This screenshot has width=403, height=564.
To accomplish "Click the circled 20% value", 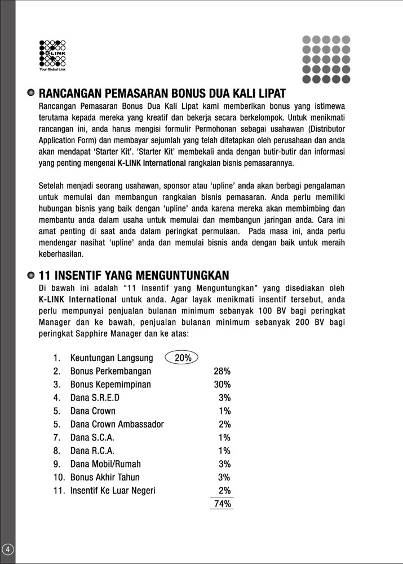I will [x=183, y=358].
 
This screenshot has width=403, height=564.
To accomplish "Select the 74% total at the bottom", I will [x=223, y=504].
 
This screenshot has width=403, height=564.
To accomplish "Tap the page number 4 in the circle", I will [x=7, y=549].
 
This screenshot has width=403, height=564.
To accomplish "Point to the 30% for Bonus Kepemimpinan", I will [x=222, y=385].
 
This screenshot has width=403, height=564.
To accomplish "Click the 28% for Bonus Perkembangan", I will [x=222, y=371].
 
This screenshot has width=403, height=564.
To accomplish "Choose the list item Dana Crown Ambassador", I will [x=117, y=424].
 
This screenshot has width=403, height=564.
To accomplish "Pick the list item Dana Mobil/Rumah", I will [x=105, y=464].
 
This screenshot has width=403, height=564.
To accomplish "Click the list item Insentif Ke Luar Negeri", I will [x=113, y=491].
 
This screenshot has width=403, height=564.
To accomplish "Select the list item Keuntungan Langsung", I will [x=112, y=358].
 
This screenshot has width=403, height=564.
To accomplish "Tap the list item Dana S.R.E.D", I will [x=95, y=398].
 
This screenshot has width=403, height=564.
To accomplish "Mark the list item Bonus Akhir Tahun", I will [x=105, y=478].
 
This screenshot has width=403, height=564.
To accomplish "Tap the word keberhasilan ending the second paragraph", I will [x=61, y=254].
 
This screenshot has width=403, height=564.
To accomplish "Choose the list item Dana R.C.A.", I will [x=91, y=451].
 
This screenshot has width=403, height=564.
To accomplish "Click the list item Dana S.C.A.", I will [x=91, y=438].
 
